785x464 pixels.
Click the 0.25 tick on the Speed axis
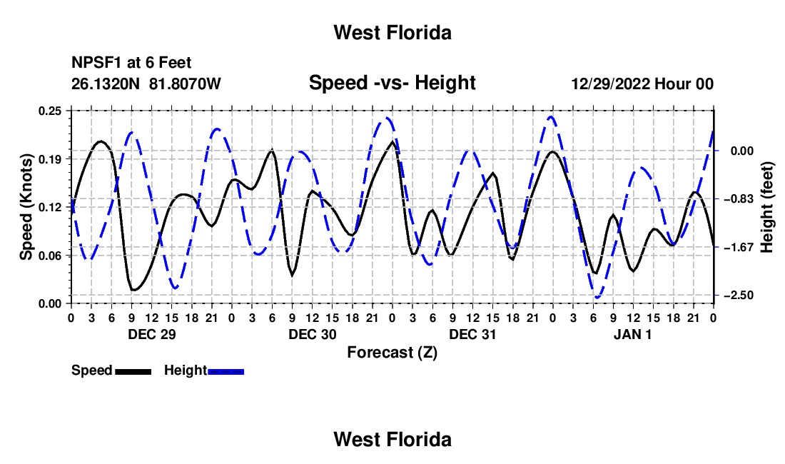(49, 111)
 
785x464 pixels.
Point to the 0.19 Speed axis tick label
(49, 159)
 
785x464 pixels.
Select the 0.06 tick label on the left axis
(49, 256)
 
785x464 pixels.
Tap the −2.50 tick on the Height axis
(739, 296)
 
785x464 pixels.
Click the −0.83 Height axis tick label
(739, 199)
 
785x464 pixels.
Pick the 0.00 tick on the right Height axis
(742, 151)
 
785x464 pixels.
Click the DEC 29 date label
(152, 334)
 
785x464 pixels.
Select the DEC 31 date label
(472, 334)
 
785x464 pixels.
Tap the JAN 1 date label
(633, 334)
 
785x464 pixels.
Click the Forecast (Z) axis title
(392, 353)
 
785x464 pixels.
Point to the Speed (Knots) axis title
(26, 207)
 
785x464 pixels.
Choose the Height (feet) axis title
(766, 207)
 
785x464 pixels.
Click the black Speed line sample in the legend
(133, 371)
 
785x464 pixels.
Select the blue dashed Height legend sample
(226, 371)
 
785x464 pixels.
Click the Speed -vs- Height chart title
(392, 83)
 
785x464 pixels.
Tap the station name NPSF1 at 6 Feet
(131, 63)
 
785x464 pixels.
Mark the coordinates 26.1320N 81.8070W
(146, 84)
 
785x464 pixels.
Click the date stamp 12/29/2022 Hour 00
(642, 84)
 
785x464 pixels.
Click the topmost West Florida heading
(392, 33)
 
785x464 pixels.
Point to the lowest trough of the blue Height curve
(597, 298)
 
